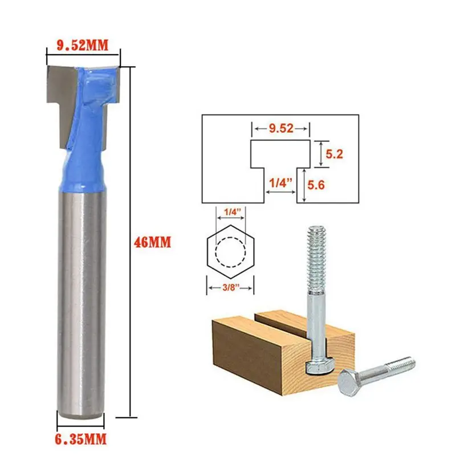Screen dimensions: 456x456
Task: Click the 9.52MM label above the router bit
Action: pyautogui.click(x=82, y=44)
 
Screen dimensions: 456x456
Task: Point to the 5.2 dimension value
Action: pyautogui.click(x=333, y=154)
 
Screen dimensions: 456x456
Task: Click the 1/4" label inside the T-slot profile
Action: pyautogui.click(x=279, y=184)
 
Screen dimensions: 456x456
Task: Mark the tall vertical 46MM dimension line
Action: pyautogui.click(x=132, y=242)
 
